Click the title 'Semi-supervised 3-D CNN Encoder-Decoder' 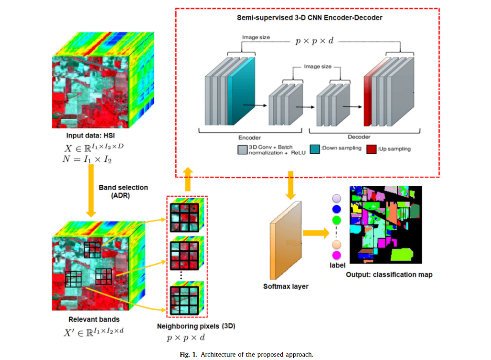pos(310,18)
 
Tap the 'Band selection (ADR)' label pos(123,191)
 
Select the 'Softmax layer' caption pos(286,286)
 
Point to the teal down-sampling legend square pos(315,148)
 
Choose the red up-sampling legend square pos(370,148)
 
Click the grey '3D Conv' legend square pos(243,149)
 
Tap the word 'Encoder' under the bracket pos(249,138)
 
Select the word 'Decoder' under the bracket pos(359,138)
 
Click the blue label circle pos(336,209)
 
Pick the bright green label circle pos(336,220)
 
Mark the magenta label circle pos(336,255)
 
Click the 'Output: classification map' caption pos(389,275)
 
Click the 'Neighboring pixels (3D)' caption pos(196,327)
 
